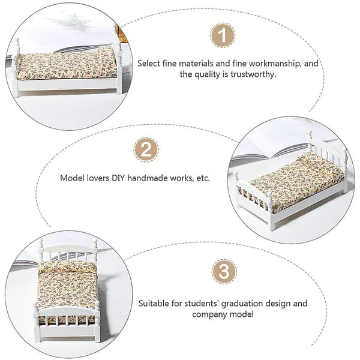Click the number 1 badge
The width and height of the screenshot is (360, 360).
[223, 35]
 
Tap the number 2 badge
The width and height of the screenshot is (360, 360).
[146, 149]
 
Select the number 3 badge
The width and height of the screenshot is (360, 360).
[224, 272]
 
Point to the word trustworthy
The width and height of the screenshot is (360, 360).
[253, 75]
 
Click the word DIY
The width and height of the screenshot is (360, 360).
[118, 178]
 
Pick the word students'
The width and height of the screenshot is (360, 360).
[202, 303]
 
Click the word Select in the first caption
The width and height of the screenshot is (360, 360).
[149, 64]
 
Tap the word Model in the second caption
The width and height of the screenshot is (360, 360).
[72, 178]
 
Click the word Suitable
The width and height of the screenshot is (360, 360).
[154, 303]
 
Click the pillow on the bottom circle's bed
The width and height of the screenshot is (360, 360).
[67, 266]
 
